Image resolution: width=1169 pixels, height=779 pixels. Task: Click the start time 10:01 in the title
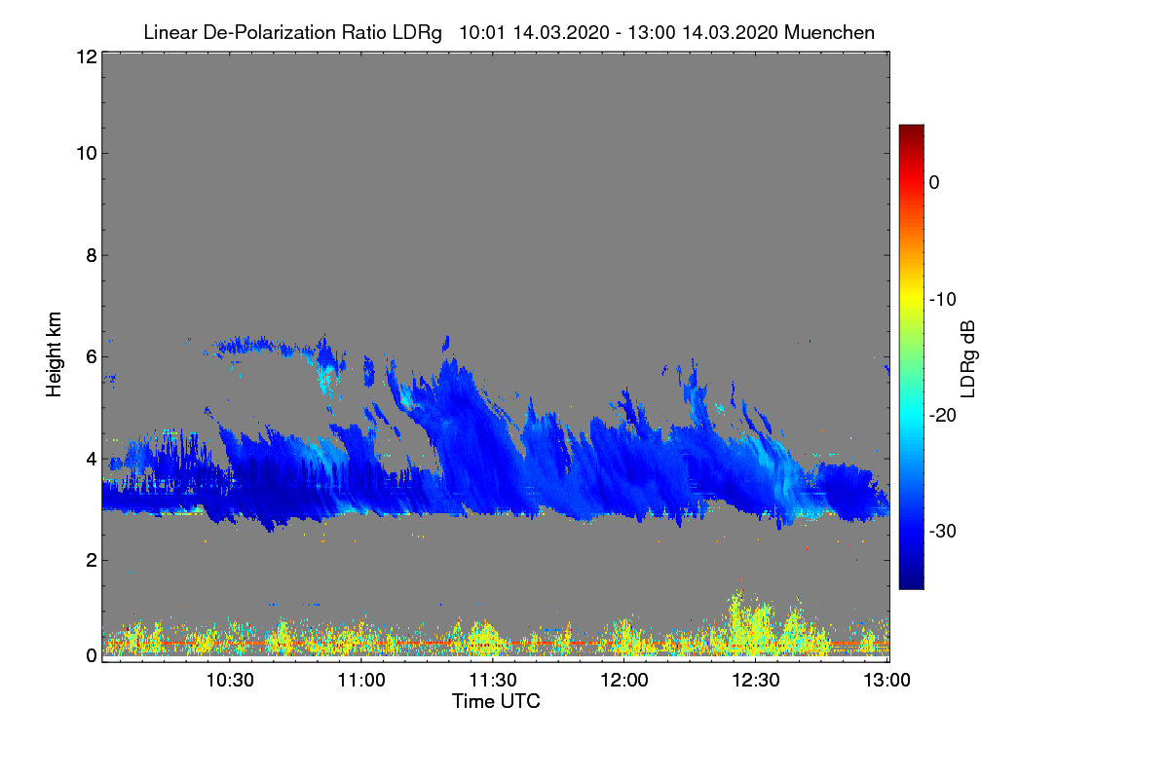click(x=480, y=32)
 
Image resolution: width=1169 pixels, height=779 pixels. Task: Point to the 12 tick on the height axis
click(x=85, y=56)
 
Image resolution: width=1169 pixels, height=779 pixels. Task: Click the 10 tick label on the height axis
click(x=85, y=153)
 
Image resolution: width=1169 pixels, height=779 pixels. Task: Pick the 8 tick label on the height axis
click(x=91, y=255)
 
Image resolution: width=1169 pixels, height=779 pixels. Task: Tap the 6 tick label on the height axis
click(x=91, y=356)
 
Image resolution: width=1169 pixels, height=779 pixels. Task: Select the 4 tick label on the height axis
click(x=91, y=458)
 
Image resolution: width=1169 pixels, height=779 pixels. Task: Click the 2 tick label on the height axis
click(x=91, y=560)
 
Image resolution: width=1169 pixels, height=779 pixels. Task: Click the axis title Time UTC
click(x=496, y=701)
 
